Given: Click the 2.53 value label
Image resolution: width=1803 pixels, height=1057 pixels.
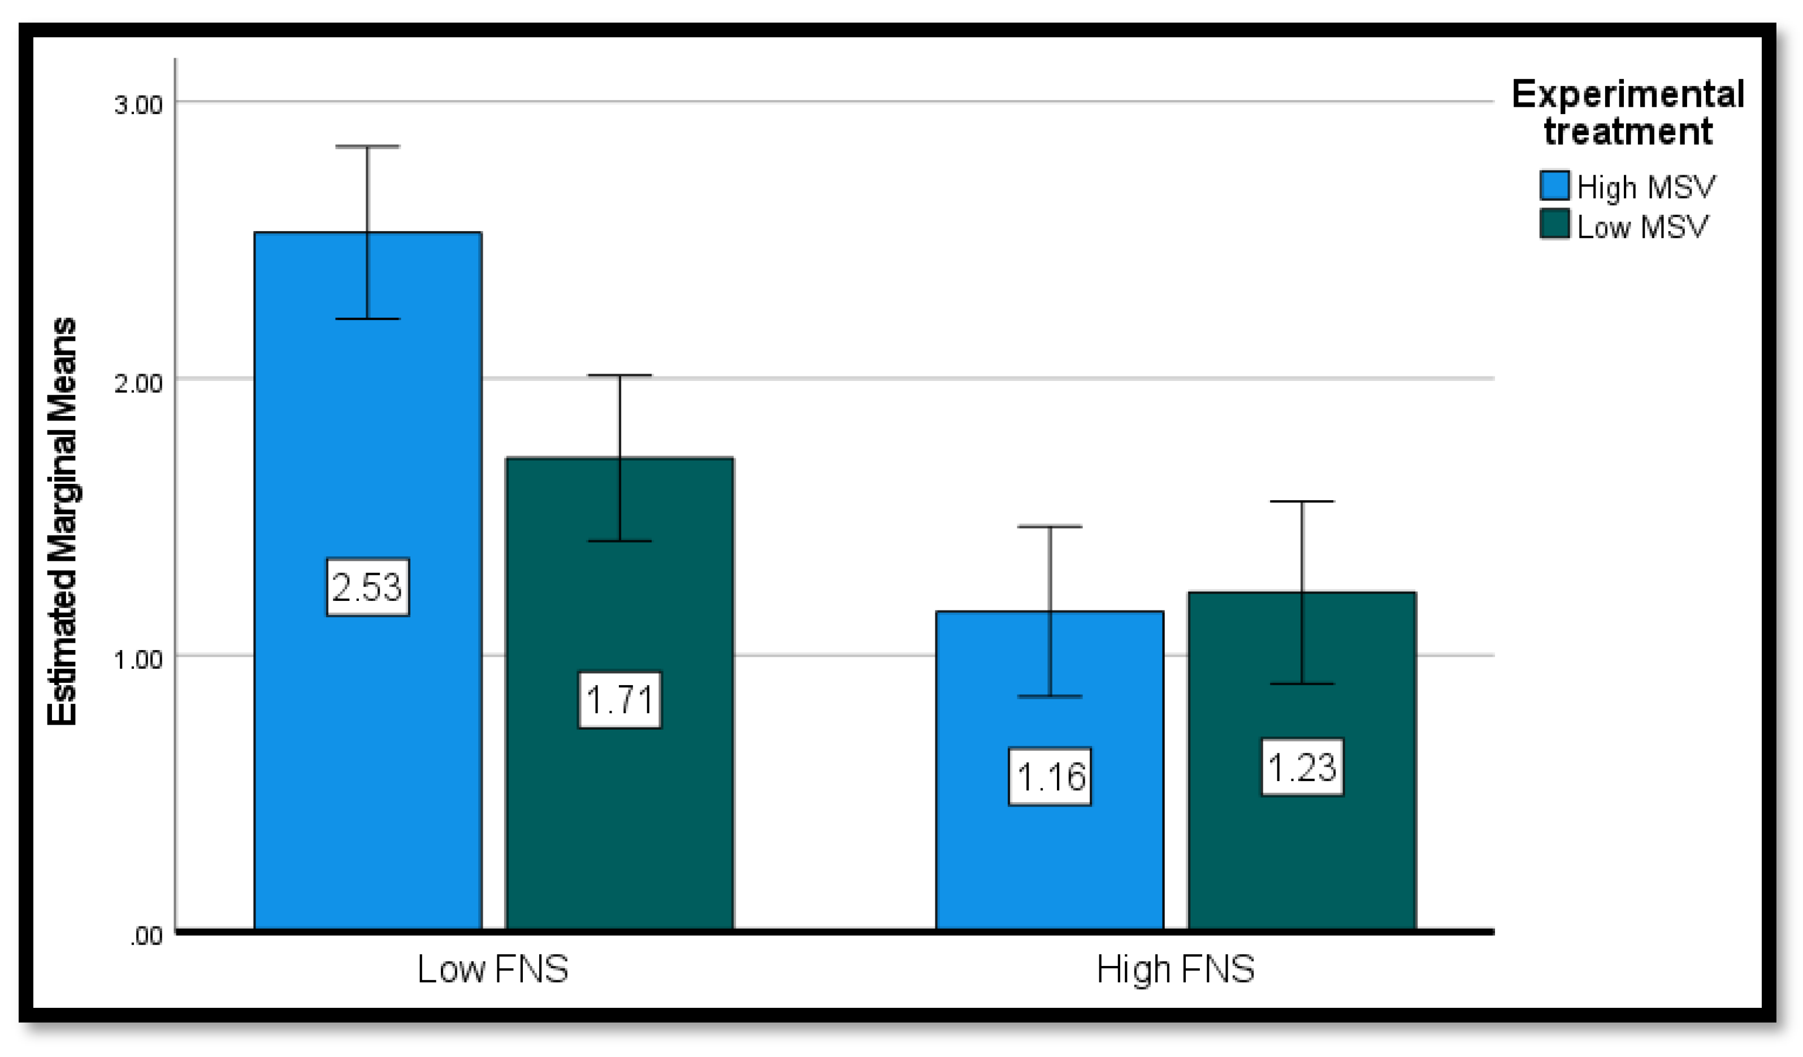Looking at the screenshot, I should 368,587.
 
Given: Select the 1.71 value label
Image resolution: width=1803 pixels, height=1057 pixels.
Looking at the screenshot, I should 619,700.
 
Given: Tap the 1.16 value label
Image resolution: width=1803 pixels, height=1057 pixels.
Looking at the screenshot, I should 1050,777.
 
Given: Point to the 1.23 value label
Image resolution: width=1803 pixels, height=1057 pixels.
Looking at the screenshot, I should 1302,767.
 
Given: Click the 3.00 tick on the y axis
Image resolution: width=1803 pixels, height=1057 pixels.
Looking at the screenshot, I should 139,105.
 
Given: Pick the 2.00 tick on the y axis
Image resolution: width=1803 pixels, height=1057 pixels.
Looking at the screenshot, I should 139,382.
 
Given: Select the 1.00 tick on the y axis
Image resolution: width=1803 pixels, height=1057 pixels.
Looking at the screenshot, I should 139,659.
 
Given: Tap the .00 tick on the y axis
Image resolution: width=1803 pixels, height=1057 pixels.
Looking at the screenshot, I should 147,935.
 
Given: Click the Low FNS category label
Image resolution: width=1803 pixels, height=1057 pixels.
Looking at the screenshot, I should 493,970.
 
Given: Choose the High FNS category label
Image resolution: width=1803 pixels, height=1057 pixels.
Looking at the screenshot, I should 1176,970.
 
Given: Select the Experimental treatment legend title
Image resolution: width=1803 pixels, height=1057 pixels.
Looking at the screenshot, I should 1628,113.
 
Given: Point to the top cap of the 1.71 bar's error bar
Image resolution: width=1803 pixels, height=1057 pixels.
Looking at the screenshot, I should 619,375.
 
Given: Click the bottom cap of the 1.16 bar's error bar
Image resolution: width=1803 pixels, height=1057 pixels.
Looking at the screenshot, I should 1050,696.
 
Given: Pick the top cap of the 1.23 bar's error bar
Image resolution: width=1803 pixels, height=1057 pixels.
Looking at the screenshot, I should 1302,502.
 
